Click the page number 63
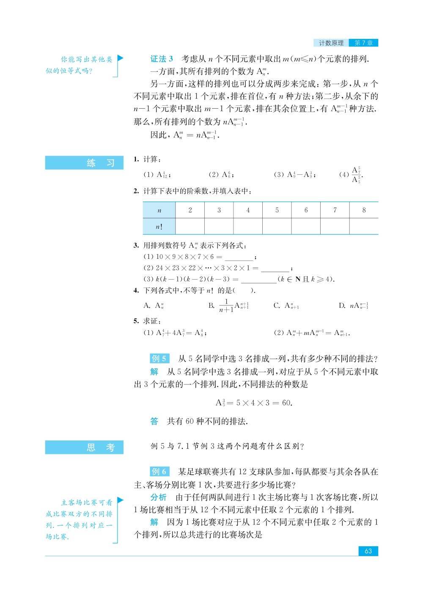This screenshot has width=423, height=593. [x=368, y=551]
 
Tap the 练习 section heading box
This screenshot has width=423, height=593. [x=84, y=163]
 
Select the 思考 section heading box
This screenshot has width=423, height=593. [x=84, y=447]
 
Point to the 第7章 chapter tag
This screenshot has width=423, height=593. [x=363, y=43]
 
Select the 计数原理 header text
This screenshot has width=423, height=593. [x=331, y=43]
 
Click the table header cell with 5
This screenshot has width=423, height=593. [x=277, y=210]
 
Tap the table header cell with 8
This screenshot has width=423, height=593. [x=364, y=210]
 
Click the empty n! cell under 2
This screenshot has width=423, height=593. [x=190, y=226]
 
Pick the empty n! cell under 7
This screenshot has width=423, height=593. [x=335, y=226]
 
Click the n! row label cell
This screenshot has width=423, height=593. [x=159, y=226]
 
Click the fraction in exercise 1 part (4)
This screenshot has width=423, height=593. [x=357, y=175]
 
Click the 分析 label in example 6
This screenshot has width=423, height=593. [x=158, y=497]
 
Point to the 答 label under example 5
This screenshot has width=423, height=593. [x=154, y=421]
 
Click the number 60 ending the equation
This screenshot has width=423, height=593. [x=286, y=403]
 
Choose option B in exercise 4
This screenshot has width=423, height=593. [x=229, y=305]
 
